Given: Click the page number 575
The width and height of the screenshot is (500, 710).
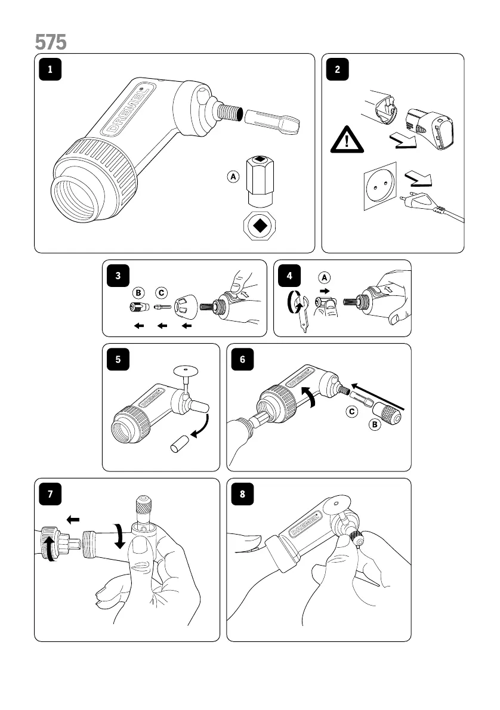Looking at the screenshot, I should pos(51,42).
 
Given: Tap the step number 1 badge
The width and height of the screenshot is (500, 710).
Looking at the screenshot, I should pos(51,69).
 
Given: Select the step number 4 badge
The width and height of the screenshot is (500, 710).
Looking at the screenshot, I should pos(289,276).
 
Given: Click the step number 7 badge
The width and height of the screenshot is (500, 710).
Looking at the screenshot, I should pos(51,494).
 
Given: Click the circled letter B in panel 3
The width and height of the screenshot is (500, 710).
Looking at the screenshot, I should pos(138,293).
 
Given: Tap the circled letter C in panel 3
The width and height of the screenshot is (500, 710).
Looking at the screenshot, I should pos(162,293).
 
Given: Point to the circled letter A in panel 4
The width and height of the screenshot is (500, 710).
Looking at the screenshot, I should pos(325,277).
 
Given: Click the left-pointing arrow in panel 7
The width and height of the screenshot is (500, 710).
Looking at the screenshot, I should pos(72,520).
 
